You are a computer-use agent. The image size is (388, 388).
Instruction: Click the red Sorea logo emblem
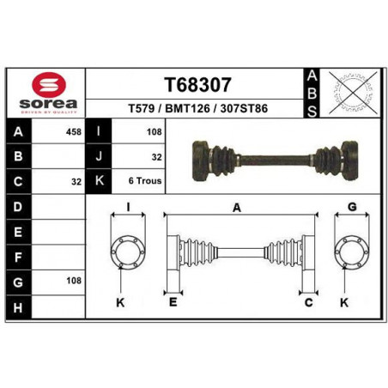pos(49,84)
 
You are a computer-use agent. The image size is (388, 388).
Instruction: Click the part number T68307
pos(197,85)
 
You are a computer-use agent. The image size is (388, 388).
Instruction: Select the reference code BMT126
pos(187,108)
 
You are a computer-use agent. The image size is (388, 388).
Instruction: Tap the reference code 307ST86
pos(244,108)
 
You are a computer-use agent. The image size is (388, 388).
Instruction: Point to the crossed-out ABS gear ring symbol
pos(353,93)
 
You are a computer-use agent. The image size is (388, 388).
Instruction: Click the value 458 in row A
pos(74,132)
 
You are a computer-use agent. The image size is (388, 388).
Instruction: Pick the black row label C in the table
pos(18,181)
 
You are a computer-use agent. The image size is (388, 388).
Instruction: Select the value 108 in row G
pos(74,281)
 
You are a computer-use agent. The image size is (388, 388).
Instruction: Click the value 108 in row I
pos(155,132)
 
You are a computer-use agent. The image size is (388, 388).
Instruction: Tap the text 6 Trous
pos(145,181)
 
